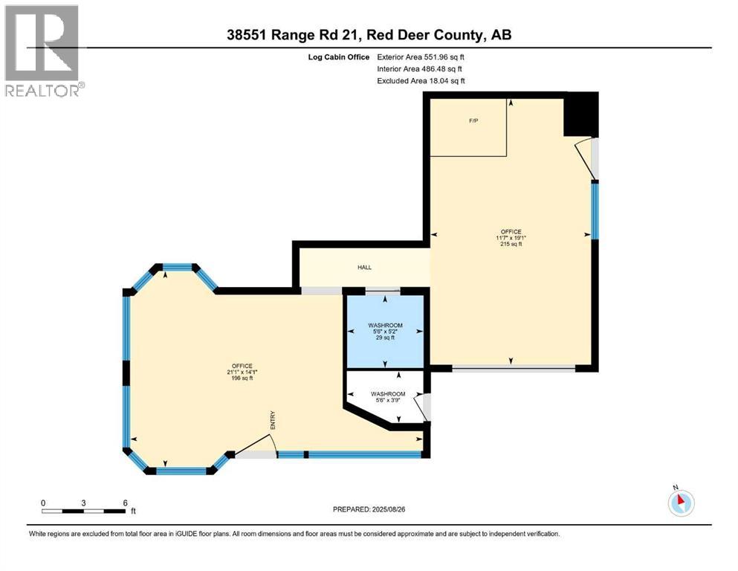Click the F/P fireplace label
pos(473,121)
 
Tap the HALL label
pos(364,268)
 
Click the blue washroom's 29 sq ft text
pos(386,338)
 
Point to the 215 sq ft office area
pos(511,244)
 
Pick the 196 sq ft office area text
pos(241,378)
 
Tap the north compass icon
pos(680,503)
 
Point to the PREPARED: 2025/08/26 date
pos(369,509)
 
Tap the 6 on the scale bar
pos(125,503)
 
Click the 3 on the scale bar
pos(84,503)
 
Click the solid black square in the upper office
pos(581,114)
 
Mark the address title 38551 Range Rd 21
pos(369,34)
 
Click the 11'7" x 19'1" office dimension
pos(511,237)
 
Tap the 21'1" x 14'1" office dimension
pos(241,372)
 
